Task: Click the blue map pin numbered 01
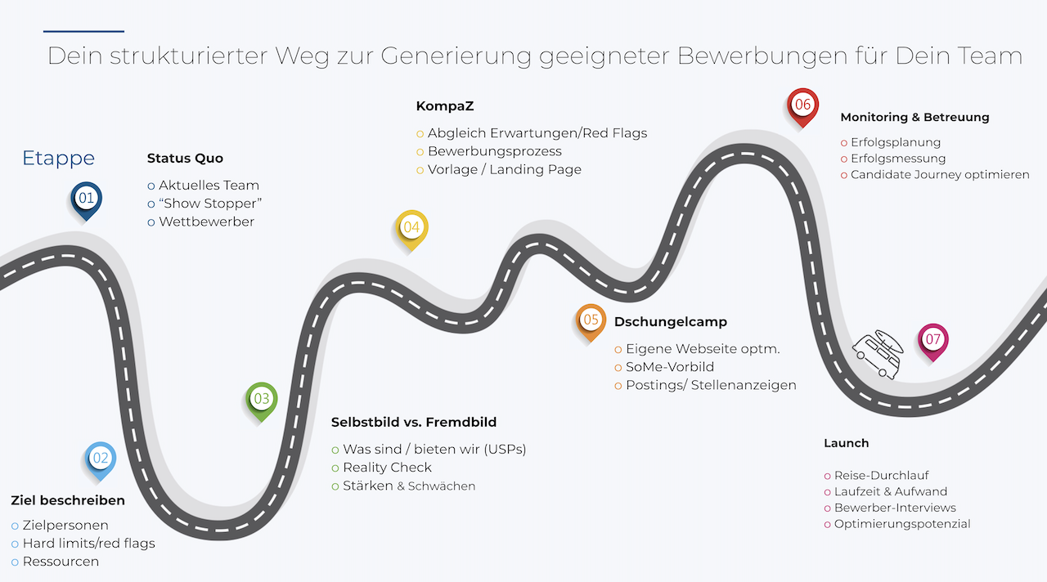[87, 200]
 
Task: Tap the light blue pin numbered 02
[101, 460]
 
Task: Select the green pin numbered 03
[262, 401]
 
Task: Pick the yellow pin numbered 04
[411, 229]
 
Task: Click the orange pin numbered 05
[591, 322]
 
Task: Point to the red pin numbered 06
[802, 106]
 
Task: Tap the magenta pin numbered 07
[933, 342]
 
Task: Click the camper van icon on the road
[878, 355]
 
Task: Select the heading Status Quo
[185, 159]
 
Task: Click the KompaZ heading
[445, 106]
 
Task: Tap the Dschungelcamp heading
[671, 322]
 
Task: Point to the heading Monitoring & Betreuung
[914, 117]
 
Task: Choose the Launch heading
[846, 443]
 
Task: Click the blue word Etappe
[58, 159]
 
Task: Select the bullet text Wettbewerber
[207, 222]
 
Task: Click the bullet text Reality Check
[387, 468]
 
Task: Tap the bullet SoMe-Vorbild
[670, 367]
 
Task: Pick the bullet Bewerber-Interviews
[895, 508]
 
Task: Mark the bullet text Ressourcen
[61, 562]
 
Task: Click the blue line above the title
[83, 31]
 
